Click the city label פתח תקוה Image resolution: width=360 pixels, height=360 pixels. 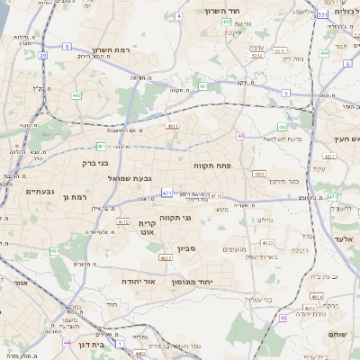tap(213, 166)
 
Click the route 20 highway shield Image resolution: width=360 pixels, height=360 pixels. tap(42, 55)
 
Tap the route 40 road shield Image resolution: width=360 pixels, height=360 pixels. tap(241, 136)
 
